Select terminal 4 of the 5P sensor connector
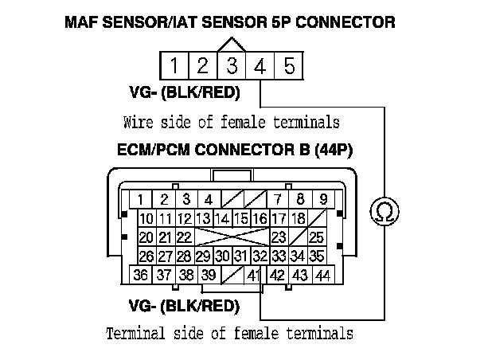(x=260, y=65)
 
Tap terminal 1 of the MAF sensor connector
(x=174, y=65)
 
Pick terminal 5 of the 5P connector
(x=289, y=65)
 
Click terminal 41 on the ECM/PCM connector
(x=254, y=275)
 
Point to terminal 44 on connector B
(x=322, y=275)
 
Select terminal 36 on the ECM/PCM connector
(x=140, y=275)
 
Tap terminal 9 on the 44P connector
(x=323, y=199)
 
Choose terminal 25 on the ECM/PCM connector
(x=316, y=237)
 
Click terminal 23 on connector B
(x=279, y=237)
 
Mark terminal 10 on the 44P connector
(x=146, y=218)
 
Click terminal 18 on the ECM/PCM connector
(x=298, y=218)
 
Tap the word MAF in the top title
(x=82, y=22)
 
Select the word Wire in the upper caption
(x=139, y=123)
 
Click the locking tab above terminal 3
(x=231, y=45)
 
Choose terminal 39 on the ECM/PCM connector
(x=209, y=275)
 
